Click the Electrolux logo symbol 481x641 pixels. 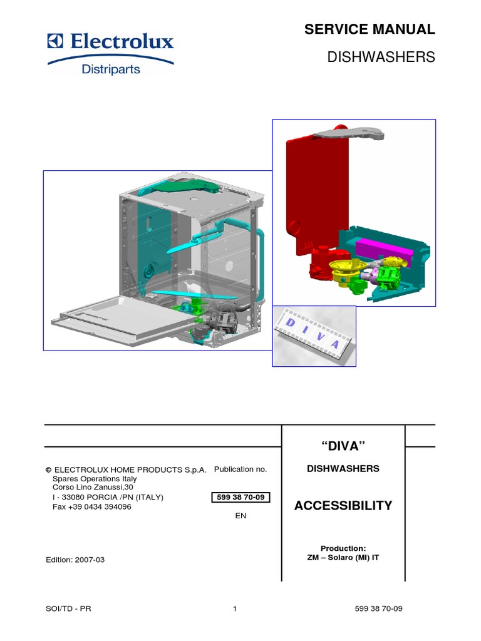tap(55, 42)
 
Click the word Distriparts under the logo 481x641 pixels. tap(111, 69)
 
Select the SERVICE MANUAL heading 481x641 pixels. tap(369, 29)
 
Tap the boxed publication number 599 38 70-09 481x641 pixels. tap(241, 498)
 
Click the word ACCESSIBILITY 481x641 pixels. tap(343, 506)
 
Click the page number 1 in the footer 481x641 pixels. tap(234, 608)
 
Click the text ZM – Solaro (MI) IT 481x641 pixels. tap(343, 557)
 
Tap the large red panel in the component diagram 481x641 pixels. tap(317, 188)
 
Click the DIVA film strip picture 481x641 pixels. tap(314, 336)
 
